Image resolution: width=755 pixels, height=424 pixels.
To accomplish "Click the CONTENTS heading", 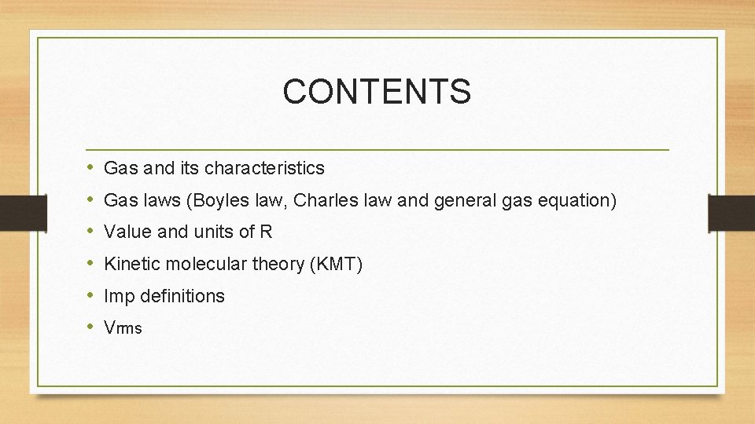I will tap(377, 91).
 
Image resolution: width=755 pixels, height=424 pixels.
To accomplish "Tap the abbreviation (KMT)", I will tap(337, 265).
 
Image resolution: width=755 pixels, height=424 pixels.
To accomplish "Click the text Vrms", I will tap(123, 329).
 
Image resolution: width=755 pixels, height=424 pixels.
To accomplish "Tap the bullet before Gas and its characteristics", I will tap(91, 167).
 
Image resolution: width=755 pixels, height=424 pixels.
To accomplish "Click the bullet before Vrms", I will tap(91, 327).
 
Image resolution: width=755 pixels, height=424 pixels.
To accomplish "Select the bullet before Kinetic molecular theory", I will tap(91, 264).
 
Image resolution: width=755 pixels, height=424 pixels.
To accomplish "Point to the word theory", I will tap(279, 265).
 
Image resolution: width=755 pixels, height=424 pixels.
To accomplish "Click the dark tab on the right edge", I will tap(731, 214).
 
